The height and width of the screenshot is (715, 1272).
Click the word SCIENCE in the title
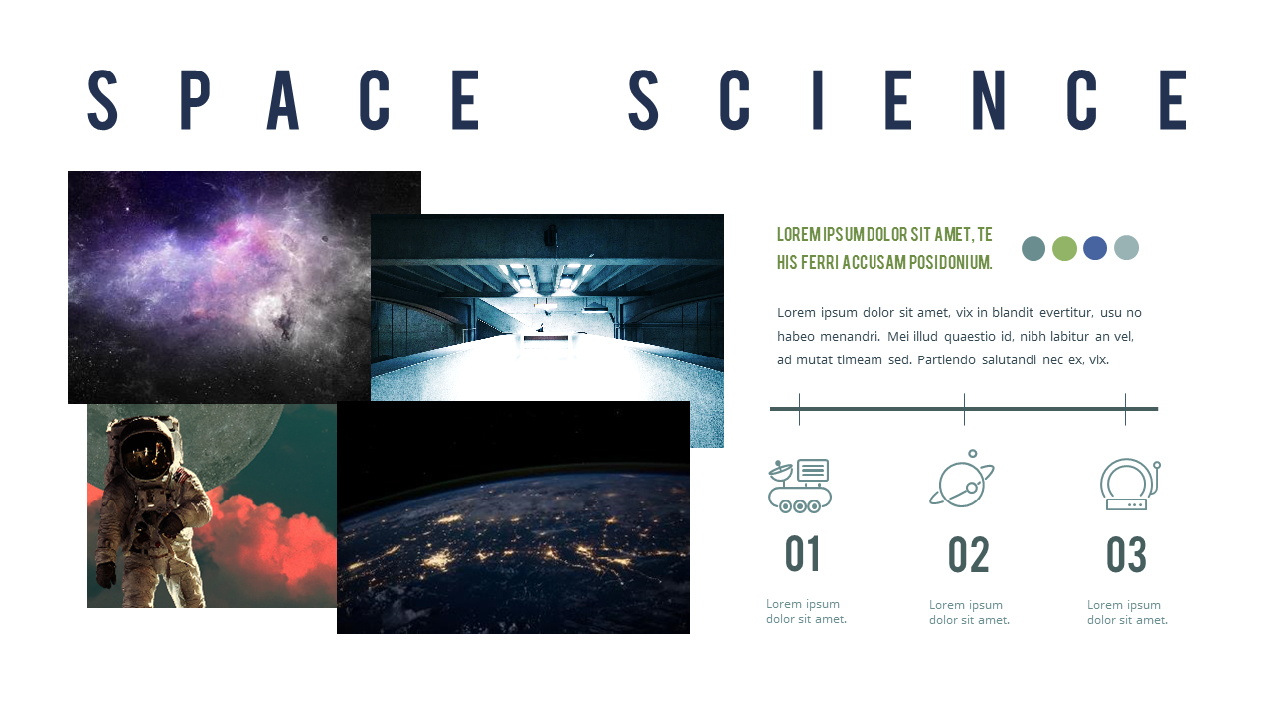[x=907, y=100]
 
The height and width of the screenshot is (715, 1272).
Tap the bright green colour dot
[x=1064, y=248]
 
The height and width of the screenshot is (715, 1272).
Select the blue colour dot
[x=1095, y=248]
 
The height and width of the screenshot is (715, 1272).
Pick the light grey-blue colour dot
[x=1126, y=248]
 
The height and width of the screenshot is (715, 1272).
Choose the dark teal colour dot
[x=1033, y=248]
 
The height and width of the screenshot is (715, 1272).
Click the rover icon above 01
[x=800, y=486]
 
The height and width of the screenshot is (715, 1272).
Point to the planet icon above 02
[x=962, y=481]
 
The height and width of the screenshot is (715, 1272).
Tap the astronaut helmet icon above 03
[x=1129, y=485]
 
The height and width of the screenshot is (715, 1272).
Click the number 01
[x=803, y=555]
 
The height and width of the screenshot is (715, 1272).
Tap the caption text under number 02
[x=969, y=612]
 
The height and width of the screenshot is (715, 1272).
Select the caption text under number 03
[x=1127, y=612]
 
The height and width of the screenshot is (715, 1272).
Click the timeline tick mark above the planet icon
[x=964, y=409]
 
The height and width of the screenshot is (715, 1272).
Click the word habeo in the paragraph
[x=794, y=336]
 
